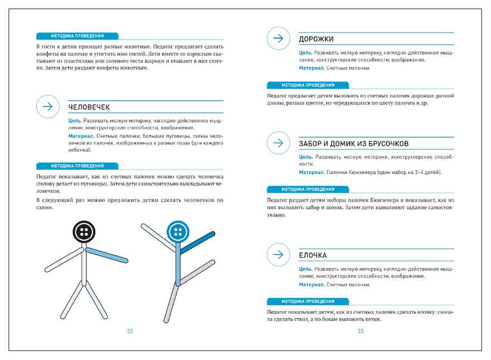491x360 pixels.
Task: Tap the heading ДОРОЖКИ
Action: click(x=316, y=39)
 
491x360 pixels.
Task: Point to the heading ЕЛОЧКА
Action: click(x=312, y=256)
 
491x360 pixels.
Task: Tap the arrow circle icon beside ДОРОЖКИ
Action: click(x=279, y=39)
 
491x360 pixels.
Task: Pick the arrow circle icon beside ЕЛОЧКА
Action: click(x=279, y=255)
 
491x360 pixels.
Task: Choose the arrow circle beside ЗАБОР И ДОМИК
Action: click(x=279, y=143)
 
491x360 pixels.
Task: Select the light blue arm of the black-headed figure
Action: click(x=109, y=255)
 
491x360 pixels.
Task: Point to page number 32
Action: click(x=129, y=331)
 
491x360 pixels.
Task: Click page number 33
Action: click(x=360, y=331)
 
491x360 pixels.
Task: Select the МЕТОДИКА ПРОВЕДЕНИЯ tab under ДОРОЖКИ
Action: click(x=308, y=85)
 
